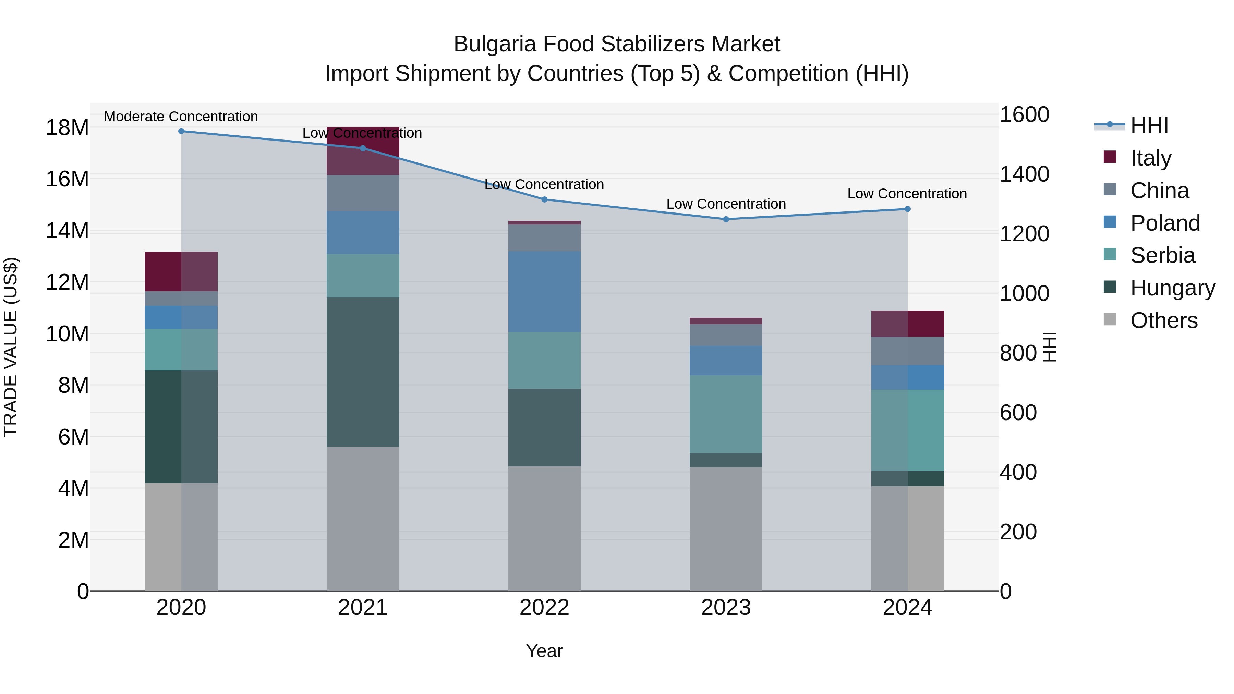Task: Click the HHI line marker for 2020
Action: (x=181, y=131)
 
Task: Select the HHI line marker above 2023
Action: (x=726, y=219)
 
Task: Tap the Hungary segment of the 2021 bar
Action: (x=363, y=372)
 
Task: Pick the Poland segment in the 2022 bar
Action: (x=544, y=291)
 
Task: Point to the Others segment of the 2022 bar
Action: (x=544, y=529)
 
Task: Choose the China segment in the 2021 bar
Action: (x=363, y=193)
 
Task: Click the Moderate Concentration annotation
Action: (x=181, y=117)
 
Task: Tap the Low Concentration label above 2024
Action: (x=907, y=194)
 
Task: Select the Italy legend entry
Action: (x=1150, y=158)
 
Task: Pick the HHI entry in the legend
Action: (x=1149, y=125)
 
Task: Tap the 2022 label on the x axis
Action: (x=544, y=608)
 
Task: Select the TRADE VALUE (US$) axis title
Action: (x=11, y=347)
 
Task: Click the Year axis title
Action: (x=544, y=651)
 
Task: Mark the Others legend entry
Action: (x=1163, y=320)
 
